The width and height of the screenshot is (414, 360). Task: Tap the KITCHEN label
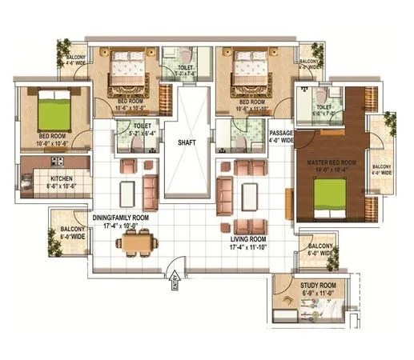62,179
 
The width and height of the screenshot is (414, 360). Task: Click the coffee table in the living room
250,194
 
